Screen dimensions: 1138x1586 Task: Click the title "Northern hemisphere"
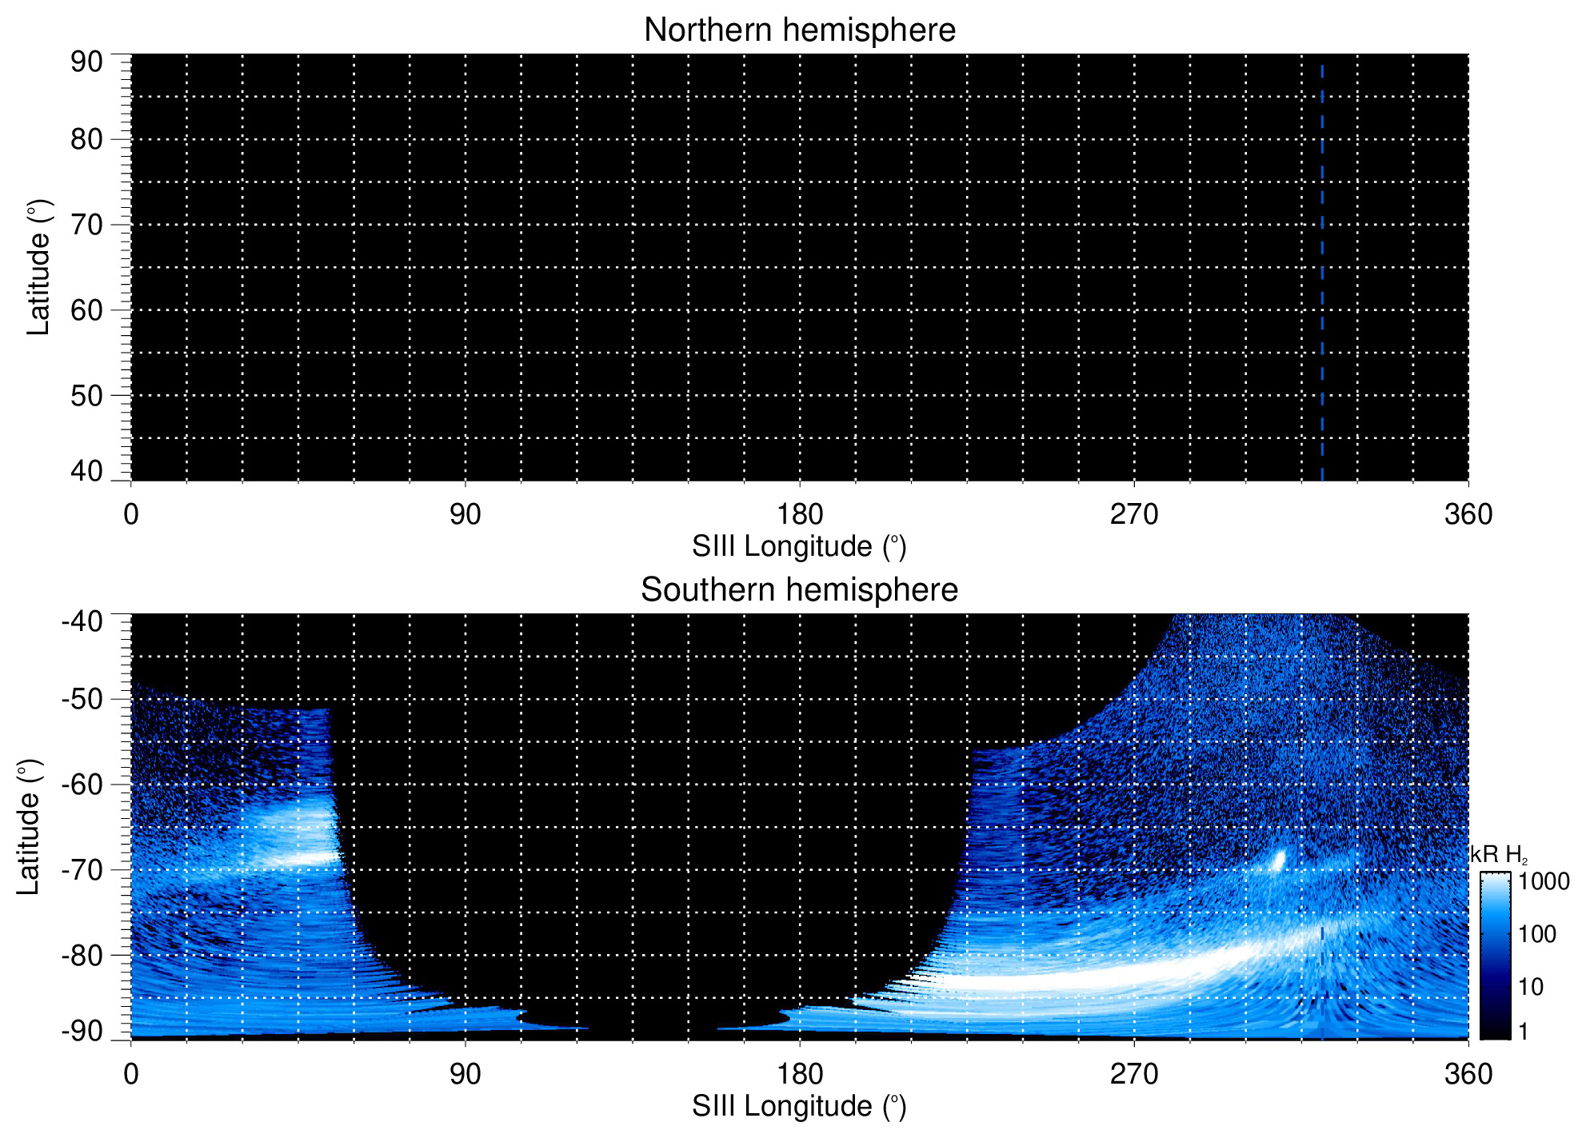tap(799, 30)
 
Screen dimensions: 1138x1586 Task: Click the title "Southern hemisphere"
tap(799, 590)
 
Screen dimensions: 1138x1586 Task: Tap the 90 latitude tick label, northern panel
tap(86, 62)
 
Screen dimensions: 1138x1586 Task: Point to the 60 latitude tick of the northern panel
tap(86, 310)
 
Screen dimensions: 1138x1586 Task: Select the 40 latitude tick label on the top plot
tap(86, 471)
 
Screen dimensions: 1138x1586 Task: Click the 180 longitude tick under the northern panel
tap(800, 514)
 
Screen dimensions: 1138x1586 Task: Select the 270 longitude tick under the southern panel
tap(1134, 1074)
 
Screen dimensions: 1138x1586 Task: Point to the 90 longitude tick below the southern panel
tap(465, 1074)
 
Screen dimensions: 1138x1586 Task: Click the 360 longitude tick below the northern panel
tap(1468, 514)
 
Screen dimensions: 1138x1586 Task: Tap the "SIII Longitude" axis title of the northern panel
tap(799, 547)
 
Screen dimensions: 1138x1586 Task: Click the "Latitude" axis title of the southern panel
tap(29, 827)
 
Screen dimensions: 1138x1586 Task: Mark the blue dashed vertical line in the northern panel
tap(1322, 272)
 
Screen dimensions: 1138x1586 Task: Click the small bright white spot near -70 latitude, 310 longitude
tap(1278, 860)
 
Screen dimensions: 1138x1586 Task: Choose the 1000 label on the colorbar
tap(1544, 881)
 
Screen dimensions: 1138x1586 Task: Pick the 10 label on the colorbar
tap(1531, 987)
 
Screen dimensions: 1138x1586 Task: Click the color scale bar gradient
tap(1495, 956)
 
